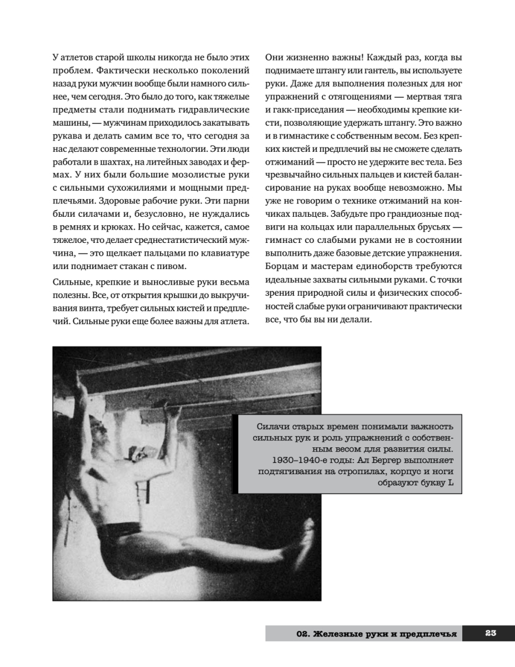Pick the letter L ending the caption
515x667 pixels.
point(451,483)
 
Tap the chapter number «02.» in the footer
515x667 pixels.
point(302,633)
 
